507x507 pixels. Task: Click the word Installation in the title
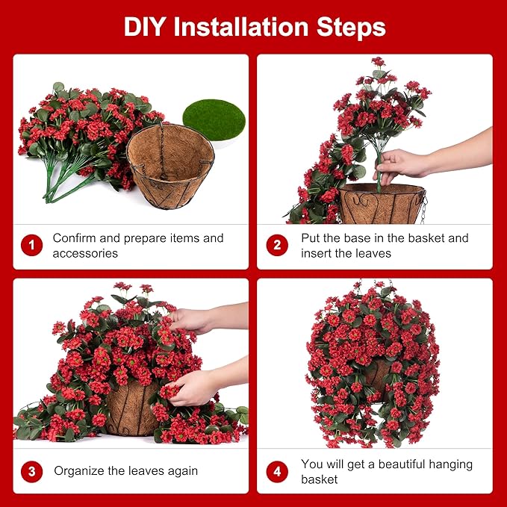[x=246, y=27]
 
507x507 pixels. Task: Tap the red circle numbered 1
[x=31, y=245]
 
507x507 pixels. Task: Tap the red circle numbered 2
[x=277, y=245]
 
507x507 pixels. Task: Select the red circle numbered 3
[x=31, y=471]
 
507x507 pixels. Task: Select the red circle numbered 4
[x=277, y=471]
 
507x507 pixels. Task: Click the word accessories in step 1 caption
[x=85, y=253]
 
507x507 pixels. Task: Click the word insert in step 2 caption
[x=317, y=253]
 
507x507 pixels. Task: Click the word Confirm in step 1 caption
[x=75, y=238]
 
